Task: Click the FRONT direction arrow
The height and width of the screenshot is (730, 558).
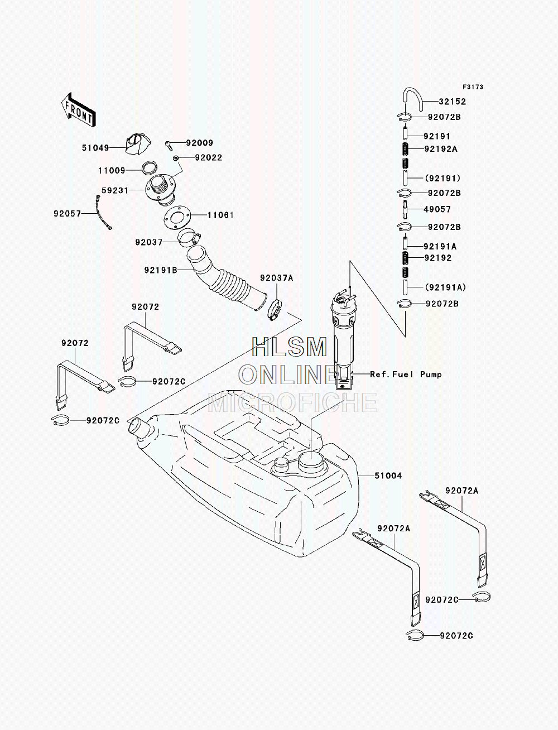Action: tap(78, 110)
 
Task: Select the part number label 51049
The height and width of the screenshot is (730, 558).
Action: tap(95, 148)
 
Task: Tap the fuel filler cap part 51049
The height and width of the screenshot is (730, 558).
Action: tap(137, 143)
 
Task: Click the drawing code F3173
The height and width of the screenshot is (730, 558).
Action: tap(473, 87)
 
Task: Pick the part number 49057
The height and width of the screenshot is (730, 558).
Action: tap(437, 209)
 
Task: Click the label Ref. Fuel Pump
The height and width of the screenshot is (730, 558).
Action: tap(406, 374)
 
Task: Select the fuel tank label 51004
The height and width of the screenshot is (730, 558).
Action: tap(388, 476)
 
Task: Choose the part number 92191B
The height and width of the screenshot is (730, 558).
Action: tap(161, 270)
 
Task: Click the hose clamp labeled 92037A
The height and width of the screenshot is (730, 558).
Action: tap(275, 310)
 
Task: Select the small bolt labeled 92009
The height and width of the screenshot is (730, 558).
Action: tap(169, 145)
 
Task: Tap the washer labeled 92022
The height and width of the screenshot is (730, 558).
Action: tap(176, 157)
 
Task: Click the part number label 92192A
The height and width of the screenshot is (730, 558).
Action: tap(441, 149)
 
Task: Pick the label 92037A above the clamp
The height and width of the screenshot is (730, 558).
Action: tap(277, 278)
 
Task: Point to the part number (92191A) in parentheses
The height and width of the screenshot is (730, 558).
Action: tap(446, 287)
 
